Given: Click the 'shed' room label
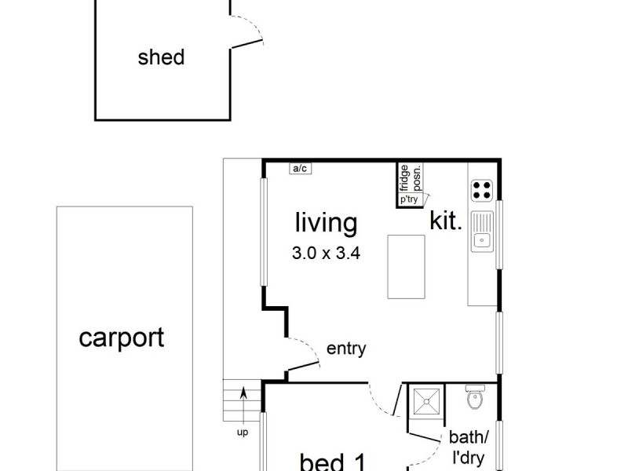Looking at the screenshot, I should pyautogui.click(x=161, y=57).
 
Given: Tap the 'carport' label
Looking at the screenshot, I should pyautogui.click(x=122, y=338).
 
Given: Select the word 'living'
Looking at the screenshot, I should pyautogui.click(x=326, y=223).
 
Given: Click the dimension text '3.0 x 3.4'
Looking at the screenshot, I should pyautogui.click(x=326, y=254).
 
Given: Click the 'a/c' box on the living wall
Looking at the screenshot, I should pyautogui.click(x=300, y=168).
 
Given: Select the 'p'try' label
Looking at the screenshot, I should pyautogui.click(x=409, y=199).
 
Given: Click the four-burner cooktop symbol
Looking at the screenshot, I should pyautogui.click(x=482, y=190).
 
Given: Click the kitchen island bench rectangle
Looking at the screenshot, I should pyautogui.click(x=406, y=266).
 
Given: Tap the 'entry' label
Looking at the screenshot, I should pyautogui.click(x=346, y=349).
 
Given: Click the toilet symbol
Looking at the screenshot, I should pyautogui.click(x=476, y=399).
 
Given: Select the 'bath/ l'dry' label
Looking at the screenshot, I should pyautogui.click(x=469, y=447).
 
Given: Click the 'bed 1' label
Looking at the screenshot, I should pyautogui.click(x=333, y=462).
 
